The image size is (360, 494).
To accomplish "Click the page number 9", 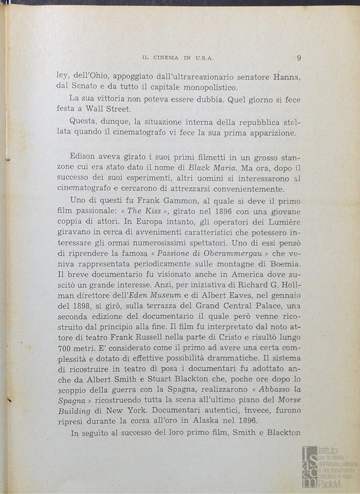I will pos(298,58).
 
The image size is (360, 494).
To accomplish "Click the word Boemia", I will pos(285,265).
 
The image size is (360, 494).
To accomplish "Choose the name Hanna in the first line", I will pos(286,76).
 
